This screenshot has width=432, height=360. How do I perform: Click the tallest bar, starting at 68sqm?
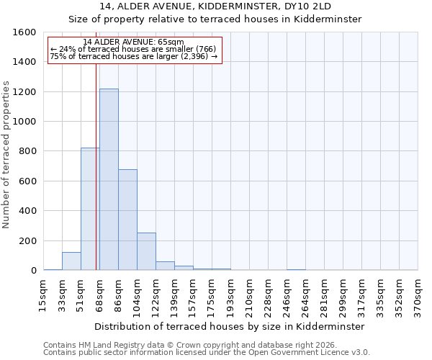tap(109, 179)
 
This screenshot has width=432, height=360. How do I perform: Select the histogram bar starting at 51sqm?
tap(90, 209)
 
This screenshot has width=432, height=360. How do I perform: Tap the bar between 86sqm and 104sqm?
tap(127, 220)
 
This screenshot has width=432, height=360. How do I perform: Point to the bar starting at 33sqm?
tap(71, 261)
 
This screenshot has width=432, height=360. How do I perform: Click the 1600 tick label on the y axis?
tap(25, 32)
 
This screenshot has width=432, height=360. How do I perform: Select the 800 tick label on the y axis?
tap(28, 151)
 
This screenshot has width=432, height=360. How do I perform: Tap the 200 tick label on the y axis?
tap(28, 240)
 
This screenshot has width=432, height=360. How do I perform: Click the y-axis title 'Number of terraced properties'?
tap(6, 155)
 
